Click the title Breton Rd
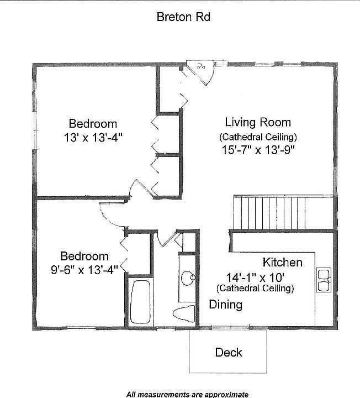183,17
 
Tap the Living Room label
258,122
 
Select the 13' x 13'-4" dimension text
93,138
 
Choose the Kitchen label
282,262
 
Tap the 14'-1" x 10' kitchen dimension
255,277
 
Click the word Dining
225,305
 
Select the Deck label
229,352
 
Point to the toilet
184,313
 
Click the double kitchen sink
322,280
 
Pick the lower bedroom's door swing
112,213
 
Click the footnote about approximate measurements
187,394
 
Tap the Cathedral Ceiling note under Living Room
258,137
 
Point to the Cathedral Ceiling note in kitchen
255,288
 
